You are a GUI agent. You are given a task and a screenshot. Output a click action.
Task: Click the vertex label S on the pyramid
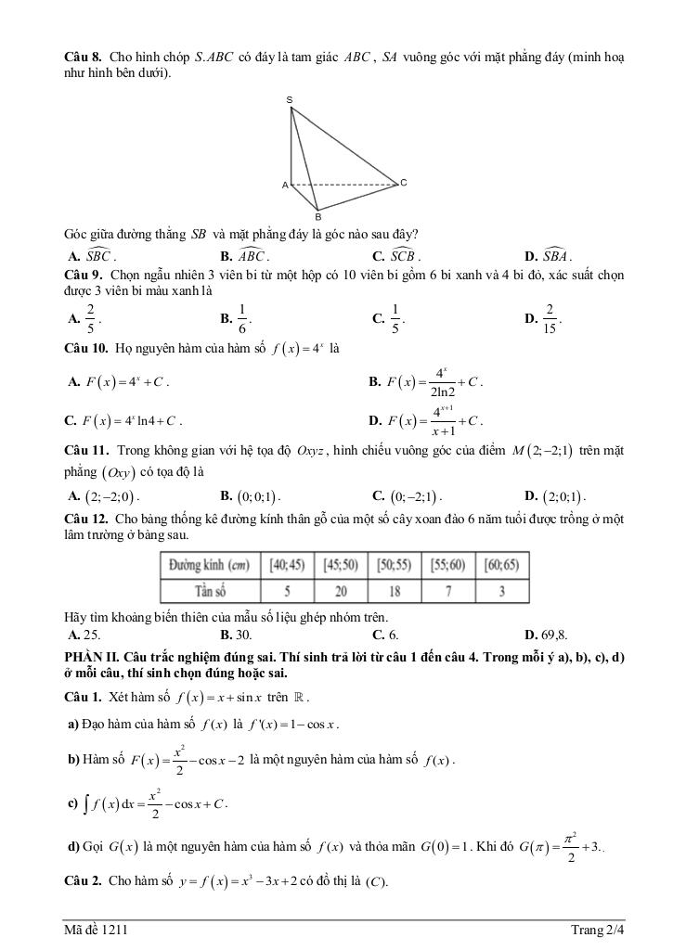(290, 99)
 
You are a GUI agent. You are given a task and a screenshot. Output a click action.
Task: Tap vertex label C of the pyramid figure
(403, 183)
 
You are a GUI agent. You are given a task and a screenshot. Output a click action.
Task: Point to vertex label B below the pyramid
(317, 216)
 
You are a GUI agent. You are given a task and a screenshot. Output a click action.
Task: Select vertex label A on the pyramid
(285, 186)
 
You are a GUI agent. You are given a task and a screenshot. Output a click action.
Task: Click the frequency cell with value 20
(342, 591)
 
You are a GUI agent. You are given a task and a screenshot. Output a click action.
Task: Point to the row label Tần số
(210, 591)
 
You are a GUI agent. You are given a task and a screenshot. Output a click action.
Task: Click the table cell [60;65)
(501, 565)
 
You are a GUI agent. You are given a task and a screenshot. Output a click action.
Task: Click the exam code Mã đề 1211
(90, 929)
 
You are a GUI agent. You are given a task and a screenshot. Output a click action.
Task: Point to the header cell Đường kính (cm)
(210, 565)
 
